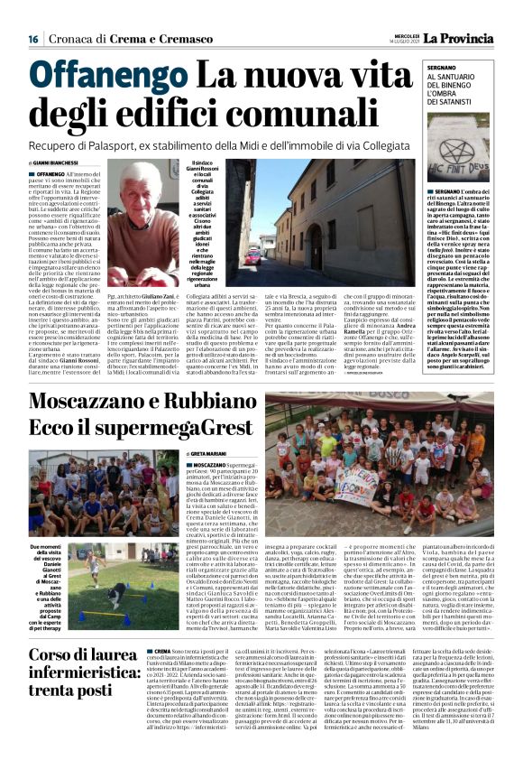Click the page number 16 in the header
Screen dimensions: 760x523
click(33, 39)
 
